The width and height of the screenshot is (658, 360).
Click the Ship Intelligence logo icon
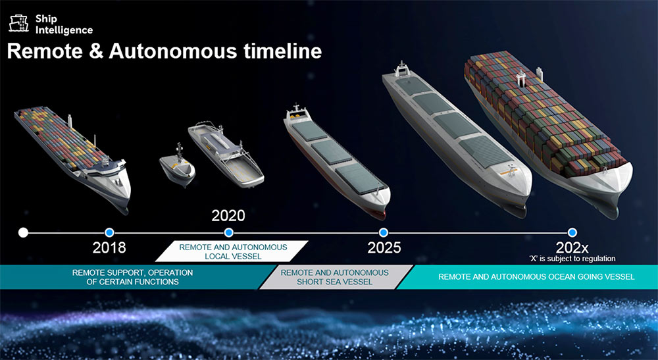click(x=19, y=24)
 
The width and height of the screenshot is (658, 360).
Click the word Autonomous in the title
click(x=173, y=51)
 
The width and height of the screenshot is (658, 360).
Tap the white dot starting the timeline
click(x=24, y=232)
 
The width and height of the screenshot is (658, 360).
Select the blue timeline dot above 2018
click(x=109, y=232)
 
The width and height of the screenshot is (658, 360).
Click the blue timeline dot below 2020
click(x=229, y=232)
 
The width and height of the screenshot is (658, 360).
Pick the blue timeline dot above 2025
click(x=383, y=232)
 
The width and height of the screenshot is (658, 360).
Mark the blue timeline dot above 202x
click(x=572, y=232)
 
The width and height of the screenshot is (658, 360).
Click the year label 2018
click(x=109, y=247)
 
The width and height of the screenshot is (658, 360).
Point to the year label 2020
click(x=228, y=216)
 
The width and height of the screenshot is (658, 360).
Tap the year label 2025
click(x=384, y=247)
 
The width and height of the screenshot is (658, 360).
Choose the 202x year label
click(x=572, y=247)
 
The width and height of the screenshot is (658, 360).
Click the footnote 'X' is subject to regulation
click(x=572, y=259)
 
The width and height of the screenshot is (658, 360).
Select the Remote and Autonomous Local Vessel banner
click(x=232, y=251)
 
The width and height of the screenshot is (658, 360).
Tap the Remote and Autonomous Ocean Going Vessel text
click(x=536, y=277)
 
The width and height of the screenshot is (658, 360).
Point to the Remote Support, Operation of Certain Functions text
click(x=133, y=277)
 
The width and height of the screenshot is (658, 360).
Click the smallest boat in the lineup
click(x=178, y=166)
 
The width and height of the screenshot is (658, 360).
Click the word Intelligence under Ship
click(x=64, y=30)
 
